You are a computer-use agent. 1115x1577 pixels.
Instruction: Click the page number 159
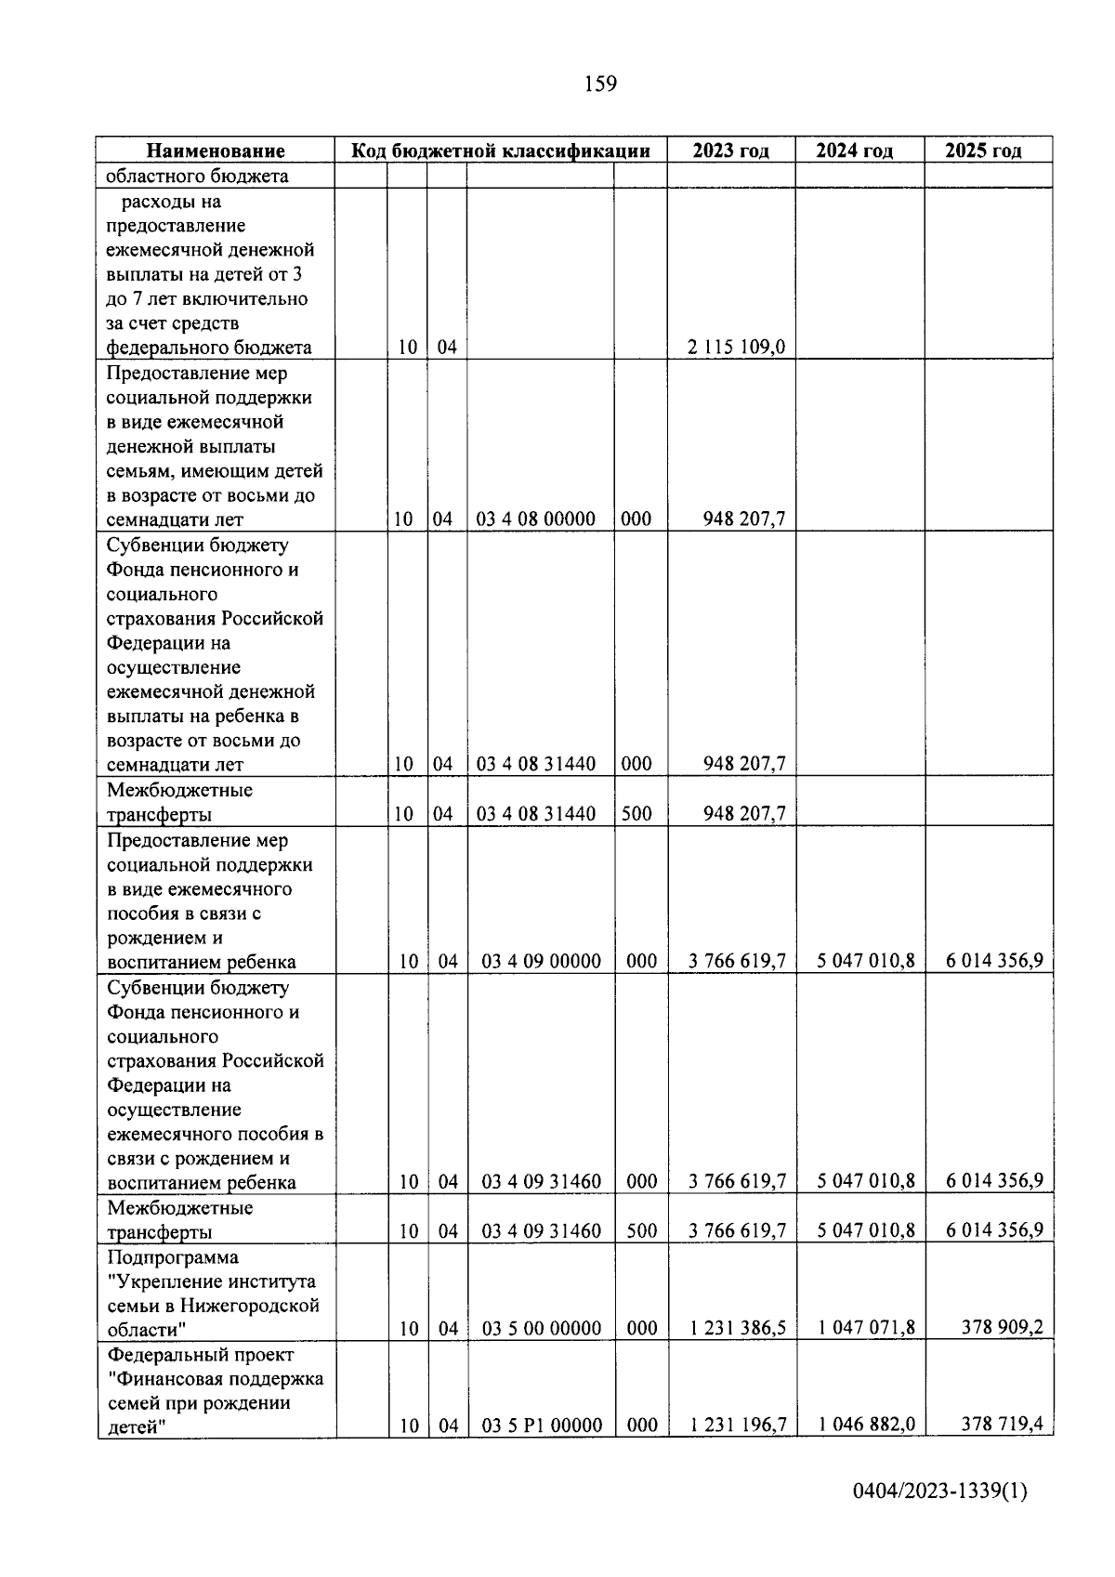(600, 85)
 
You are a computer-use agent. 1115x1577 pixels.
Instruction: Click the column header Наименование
(216, 151)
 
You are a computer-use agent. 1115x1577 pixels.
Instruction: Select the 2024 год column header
(854, 151)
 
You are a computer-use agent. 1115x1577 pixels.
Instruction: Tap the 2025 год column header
(983, 151)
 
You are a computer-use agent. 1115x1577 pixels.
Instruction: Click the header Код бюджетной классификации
(500, 151)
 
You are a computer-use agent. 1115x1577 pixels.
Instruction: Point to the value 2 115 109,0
(736, 348)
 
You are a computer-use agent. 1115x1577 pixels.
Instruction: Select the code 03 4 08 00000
(535, 519)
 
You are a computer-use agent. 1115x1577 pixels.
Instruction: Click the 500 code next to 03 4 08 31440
(636, 814)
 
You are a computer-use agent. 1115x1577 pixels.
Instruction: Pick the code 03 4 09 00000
(541, 961)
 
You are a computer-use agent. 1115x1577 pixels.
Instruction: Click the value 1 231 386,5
(737, 1328)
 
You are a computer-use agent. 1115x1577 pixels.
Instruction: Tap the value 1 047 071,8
(866, 1328)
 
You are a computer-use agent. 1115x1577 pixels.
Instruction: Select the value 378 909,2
(1002, 1328)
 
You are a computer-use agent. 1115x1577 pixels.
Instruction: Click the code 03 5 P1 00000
(542, 1425)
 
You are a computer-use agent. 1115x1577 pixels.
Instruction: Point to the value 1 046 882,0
(866, 1425)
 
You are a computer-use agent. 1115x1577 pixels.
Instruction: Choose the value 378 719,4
(1002, 1425)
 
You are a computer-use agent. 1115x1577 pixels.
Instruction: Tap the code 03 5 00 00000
(542, 1328)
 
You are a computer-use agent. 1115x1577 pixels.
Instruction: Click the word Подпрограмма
(173, 1256)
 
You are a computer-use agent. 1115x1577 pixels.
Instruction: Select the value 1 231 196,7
(737, 1425)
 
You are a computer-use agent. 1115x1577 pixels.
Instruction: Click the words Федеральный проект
(200, 1354)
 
